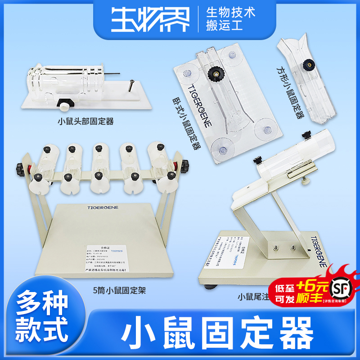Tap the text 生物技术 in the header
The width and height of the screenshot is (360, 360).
(230, 12)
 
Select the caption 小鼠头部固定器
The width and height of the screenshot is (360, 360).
(85, 121)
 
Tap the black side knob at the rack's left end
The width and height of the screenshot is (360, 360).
(20, 170)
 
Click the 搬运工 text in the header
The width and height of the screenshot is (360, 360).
(224, 25)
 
